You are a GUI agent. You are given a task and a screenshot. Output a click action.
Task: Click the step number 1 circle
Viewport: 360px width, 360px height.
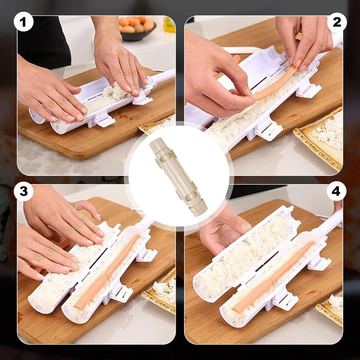pyautogui.click(x=23, y=22)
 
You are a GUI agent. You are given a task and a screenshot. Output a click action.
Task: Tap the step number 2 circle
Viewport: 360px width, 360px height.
pyautogui.click(x=337, y=22)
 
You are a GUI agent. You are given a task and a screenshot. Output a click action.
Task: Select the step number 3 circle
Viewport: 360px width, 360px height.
pyautogui.click(x=23, y=191)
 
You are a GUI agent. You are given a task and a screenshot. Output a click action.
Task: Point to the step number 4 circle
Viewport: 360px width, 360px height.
pyautogui.click(x=336, y=191)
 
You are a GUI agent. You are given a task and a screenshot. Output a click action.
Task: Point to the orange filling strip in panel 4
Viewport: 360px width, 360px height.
pyautogui.click(x=273, y=275)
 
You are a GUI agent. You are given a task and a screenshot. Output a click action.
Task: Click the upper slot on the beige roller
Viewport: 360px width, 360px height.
pyautogui.click(x=165, y=158)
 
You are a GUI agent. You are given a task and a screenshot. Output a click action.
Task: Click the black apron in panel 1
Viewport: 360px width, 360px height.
pyautogui.click(x=44, y=41)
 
